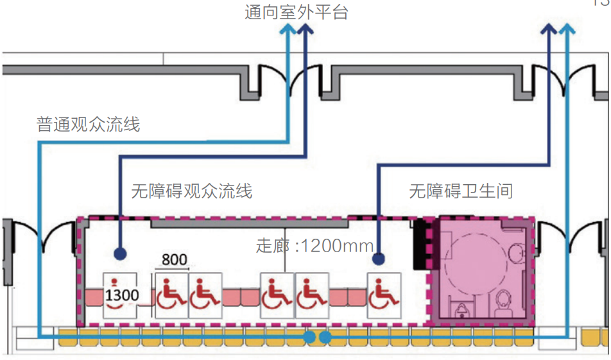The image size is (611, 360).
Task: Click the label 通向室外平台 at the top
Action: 296,12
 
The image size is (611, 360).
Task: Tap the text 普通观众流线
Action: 89,124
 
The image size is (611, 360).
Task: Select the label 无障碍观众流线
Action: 191,191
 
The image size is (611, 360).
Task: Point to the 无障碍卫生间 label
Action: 461,191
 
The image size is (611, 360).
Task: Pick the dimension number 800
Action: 174,260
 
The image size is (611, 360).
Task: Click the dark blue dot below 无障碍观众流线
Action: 119,254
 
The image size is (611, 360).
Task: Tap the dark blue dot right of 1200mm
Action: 379,259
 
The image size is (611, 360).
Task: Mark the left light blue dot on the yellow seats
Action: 310,337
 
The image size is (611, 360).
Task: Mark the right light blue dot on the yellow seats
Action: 325,337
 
